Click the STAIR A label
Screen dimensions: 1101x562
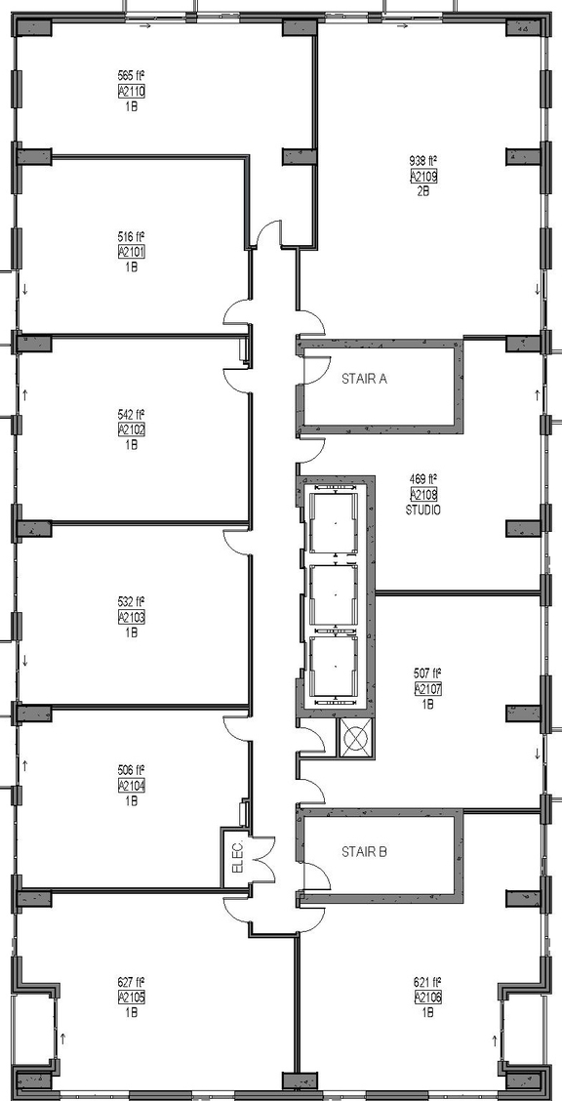[364, 379]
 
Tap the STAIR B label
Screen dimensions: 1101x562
[364, 851]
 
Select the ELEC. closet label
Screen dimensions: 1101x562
[235, 856]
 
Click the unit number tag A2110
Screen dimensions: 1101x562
[131, 90]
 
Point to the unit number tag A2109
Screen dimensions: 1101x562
[422, 177]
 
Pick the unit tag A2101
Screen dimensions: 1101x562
[131, 251]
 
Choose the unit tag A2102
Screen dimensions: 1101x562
[131, 428]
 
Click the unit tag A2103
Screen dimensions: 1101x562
[131, 617]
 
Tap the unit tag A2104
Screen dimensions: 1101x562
[131, 785]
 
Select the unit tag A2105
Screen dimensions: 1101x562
[131, 997]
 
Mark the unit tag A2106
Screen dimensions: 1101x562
[428, 997]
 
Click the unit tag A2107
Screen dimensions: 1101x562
[427, 688]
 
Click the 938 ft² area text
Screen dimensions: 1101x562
[422, 161]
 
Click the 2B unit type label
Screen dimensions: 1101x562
[422, 191]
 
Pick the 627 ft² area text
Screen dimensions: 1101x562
[131, 982]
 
